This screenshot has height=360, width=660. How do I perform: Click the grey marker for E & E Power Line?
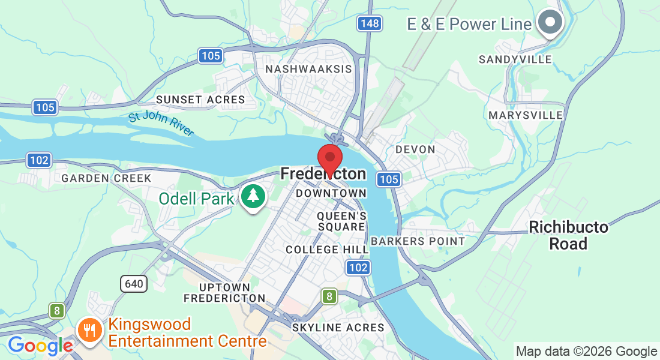click(x=550, y=23)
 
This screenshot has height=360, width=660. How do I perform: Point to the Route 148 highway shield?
click(x=370, y=23)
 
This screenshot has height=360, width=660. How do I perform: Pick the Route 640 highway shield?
click(x=134, y=283)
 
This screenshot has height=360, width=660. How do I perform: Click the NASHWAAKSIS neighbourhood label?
click(x=308, y=69)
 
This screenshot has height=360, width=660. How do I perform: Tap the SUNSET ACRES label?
click(x=200, y=100)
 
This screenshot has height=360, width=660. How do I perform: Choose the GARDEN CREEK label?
click(x=107, y=178)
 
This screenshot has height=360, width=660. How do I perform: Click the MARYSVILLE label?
click(x=526, y=115)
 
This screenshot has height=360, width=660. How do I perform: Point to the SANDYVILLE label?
click(x=515, y=59)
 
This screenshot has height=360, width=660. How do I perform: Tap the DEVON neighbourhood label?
click(x=415, y=149)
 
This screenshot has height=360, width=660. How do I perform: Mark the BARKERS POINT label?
click(x=418, y=241)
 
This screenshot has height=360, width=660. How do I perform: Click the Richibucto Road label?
click(x=568, y=236)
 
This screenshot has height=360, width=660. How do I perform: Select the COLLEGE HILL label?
click(x=327, y=249)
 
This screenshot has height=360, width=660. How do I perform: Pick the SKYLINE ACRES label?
click(x=338, y=328)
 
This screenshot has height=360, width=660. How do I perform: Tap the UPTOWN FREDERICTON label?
click(x=224, y=293)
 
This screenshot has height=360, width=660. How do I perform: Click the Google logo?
click(x=40, y=346)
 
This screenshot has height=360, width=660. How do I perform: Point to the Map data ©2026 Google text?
click(x=586, y=352)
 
